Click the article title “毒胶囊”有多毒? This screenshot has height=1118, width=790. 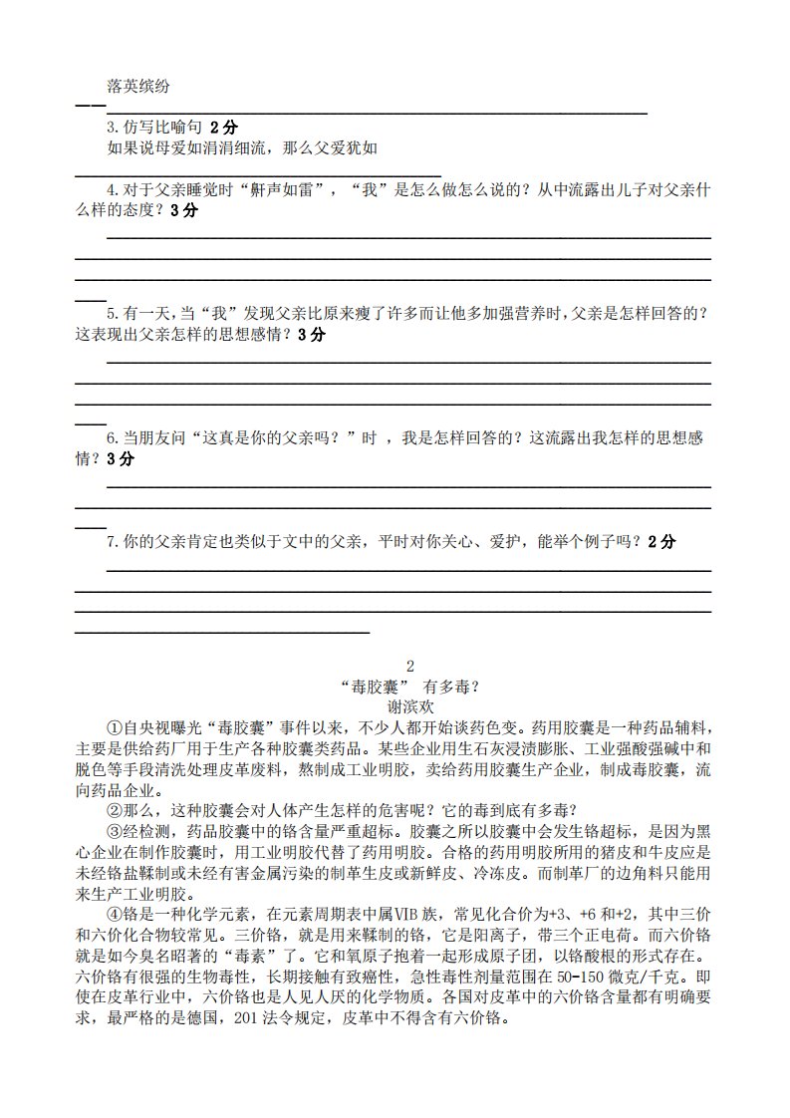[x=409, y=687]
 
